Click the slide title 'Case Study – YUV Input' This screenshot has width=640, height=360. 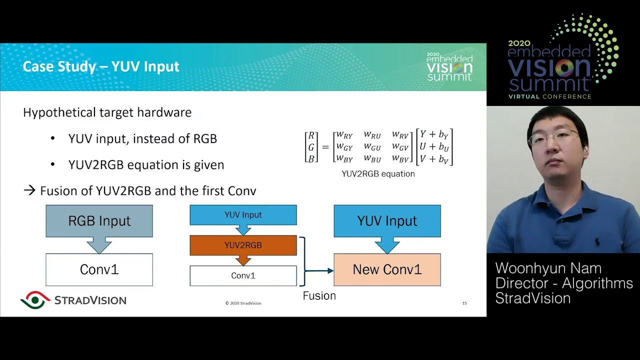click(x=101, y=66)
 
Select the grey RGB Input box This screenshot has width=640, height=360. click(x=99, y=220)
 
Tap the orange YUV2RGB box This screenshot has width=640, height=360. click(x=243, y=245)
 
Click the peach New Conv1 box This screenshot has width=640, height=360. click(x=387, y=269)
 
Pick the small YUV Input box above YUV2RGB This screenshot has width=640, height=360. click(x=243, y=215)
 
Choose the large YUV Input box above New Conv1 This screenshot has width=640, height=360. click(x=387, y=220)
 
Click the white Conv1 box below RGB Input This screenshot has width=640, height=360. click(x=99, y=269)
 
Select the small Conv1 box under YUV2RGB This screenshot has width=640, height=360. click(x=243, y=275)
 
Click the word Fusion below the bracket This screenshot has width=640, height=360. click(x=319, y=295)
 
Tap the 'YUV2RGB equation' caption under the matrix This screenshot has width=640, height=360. click(x=378, y=174)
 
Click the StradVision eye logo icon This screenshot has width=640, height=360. click(x=35, y=299)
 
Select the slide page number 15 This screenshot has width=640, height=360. click(x=464, y=303)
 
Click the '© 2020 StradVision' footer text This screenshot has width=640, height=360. click(x=243, y=303)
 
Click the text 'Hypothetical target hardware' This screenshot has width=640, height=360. click(x=107, y=112)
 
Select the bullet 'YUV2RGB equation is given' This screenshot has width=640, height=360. click(x=146, y=164)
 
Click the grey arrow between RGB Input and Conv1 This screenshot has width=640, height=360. click(x=99, y=245)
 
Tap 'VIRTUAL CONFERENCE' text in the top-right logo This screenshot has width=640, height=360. click(x=549, y=96)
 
